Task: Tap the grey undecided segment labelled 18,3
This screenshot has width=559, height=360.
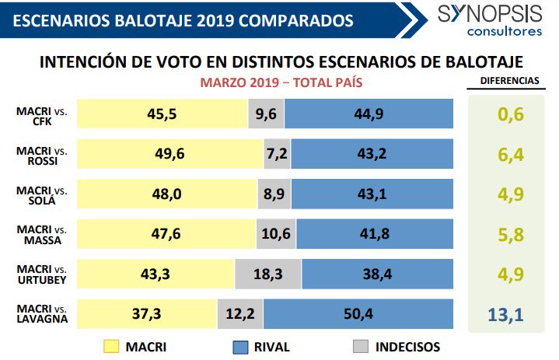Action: tap(268, 274)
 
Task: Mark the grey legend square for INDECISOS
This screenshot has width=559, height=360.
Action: tap(360, 346)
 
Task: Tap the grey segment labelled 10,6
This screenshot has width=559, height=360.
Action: tap(276, 235)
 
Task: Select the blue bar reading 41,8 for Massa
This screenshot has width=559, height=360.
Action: tap(374, 235)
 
